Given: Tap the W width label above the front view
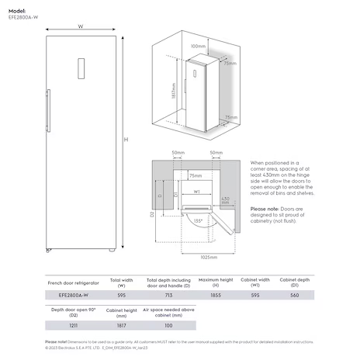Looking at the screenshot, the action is click(x=81, y=26).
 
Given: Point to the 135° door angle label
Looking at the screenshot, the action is click(x=199, y=221).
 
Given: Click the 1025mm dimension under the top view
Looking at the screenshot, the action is click(x=206, y=256).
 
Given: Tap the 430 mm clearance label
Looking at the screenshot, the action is click(x=225, y=201).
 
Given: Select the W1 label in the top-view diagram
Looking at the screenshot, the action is click(x=197, y=192).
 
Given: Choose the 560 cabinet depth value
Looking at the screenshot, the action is click(x=294, y=296).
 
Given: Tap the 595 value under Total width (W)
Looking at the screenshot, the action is click(x=121, y=296).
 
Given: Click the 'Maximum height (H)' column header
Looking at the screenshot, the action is click(x=216, y=282).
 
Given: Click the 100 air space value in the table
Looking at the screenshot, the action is click(x=168, y=325).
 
